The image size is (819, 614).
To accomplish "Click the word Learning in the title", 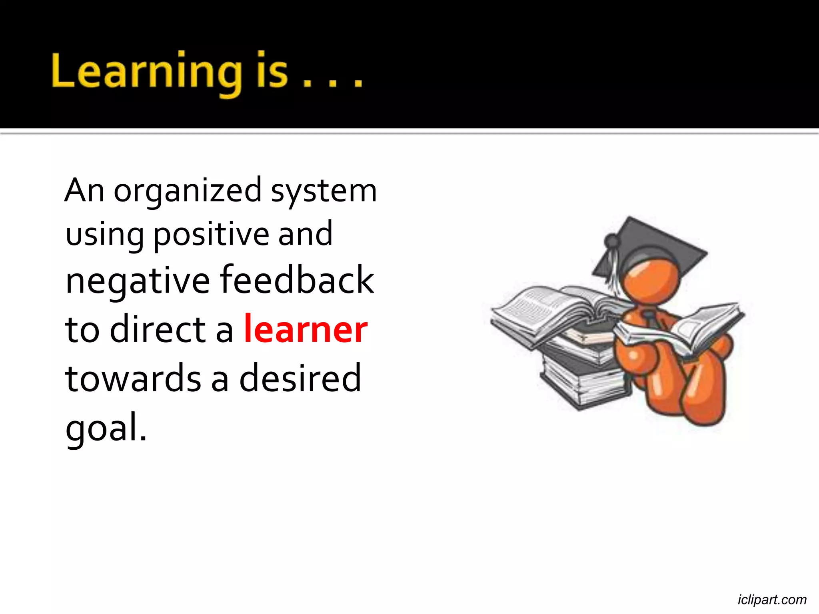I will pyautogui.click(x=146, y=72).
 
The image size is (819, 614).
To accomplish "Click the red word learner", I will pyautogui.click(x=306, y=329).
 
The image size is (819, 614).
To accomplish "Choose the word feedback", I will pyautogui.click(x=297, y=280).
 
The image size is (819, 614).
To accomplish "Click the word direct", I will pyautogui.click(x=158, y=329).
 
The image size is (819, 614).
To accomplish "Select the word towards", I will pyautogui.click(x=133, y=378).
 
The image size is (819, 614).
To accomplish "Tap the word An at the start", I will pyautogui.click(x=84, y=191).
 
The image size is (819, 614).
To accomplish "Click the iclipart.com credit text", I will pyautogui.click(x=772, y=600).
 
